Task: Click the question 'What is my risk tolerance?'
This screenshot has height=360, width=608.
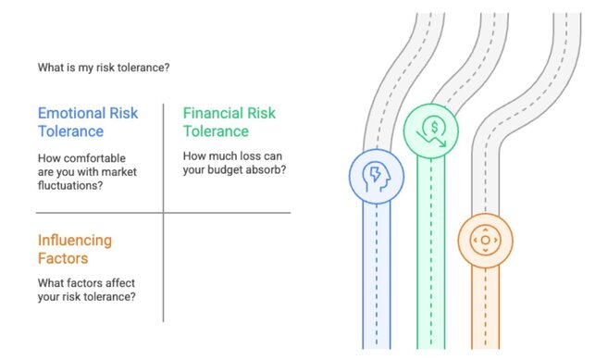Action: [x=103, y=68]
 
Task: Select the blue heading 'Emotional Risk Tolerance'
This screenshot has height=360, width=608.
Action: [x=87, y=123]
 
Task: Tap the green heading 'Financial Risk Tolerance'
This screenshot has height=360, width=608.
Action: [x=229, y=122]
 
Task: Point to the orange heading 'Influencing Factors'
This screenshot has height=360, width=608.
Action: [x=77, y=249]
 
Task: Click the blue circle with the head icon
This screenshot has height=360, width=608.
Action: [x=377, y=176]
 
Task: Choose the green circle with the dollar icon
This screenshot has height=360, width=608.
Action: [x=431, y=131]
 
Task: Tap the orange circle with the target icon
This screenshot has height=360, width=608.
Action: [x=485, y=241]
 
